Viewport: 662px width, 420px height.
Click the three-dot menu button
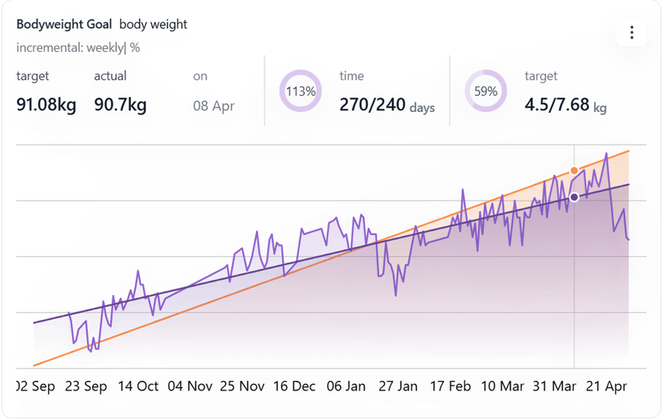click(632, 33)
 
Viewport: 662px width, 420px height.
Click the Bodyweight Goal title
click(64, 24)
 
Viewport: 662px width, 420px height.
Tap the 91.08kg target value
click(46, 105)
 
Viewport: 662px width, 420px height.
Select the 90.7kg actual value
click(120, 105)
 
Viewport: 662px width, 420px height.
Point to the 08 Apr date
click(213, 106)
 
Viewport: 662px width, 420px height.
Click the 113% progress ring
click(301, 91)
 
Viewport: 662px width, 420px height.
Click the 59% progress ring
click(486, 91)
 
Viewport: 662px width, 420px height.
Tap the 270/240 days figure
click(387, 105)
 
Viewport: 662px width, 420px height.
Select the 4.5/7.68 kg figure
click(565, 105)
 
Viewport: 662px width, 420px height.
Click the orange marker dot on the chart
click(574, 170)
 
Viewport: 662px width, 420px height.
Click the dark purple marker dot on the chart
click(573, 197)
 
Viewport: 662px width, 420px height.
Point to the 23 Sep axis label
click(86, 386)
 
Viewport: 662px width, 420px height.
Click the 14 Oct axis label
click(138, 386)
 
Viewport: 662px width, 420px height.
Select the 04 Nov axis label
click(189, 386)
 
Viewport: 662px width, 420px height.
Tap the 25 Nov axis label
click(241, 386)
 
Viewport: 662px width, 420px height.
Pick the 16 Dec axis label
click(293, 386)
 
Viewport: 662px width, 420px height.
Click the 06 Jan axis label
click(345, 386)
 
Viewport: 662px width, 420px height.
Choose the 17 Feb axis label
click(450, 386)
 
